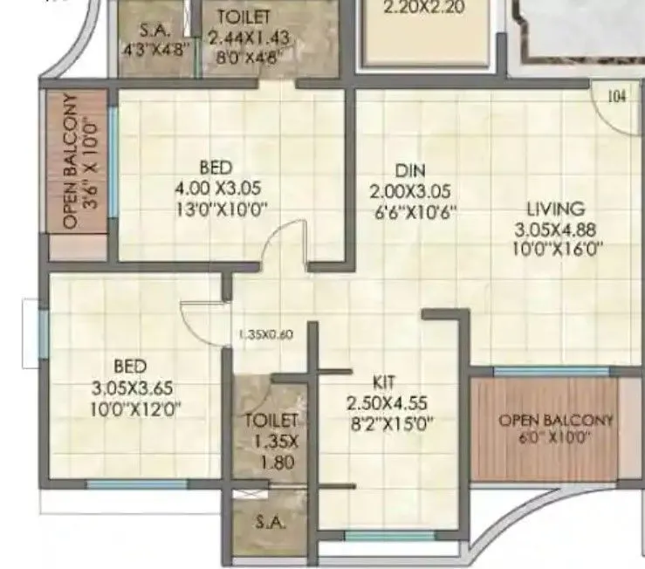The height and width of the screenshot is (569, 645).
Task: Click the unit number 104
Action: point(616,97)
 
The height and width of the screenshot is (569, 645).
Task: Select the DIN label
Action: point(408,170)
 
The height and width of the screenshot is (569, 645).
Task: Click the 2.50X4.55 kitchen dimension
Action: point(385,404)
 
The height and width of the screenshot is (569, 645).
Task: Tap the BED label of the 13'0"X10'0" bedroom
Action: point(216,166)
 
